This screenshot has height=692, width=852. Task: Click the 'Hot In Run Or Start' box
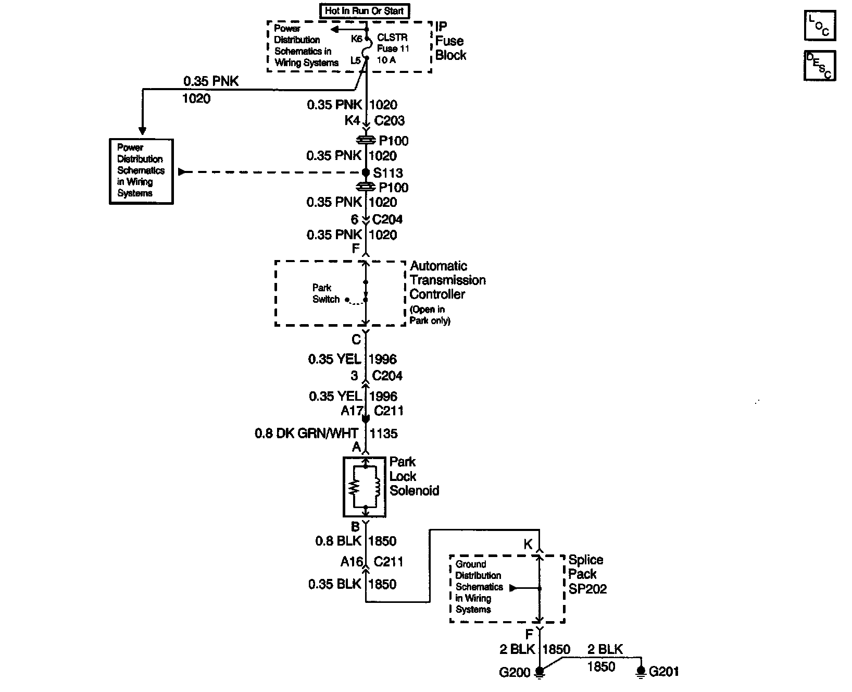[364, 10]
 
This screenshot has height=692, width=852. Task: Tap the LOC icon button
[819, 26]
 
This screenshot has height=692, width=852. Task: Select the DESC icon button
[819, 66]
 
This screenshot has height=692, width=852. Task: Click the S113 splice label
[388, 173]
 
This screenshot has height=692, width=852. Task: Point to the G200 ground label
[514, 672]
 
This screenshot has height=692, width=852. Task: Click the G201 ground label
[664, 672]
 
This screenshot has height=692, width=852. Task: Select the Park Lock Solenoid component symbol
[365, 487]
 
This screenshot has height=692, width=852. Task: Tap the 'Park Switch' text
[325, 293]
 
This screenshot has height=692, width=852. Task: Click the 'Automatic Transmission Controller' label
[447, 280]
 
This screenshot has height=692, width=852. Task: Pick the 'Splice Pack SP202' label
[587, 574]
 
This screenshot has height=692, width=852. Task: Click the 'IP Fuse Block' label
[450, 41]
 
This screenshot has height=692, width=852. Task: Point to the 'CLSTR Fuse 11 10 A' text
[393, 48]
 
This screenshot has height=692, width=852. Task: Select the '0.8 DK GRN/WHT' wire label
[306, 434]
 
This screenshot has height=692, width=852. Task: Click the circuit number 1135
[384, 434]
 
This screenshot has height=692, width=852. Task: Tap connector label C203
[389, 121]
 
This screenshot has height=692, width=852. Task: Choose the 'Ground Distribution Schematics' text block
[479, 587]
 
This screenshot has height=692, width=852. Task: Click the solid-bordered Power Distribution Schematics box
[141, 171]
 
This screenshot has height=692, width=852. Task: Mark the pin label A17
[352, 411]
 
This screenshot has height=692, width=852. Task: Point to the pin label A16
[352, 562]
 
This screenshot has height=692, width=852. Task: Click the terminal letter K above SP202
[528, 545]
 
